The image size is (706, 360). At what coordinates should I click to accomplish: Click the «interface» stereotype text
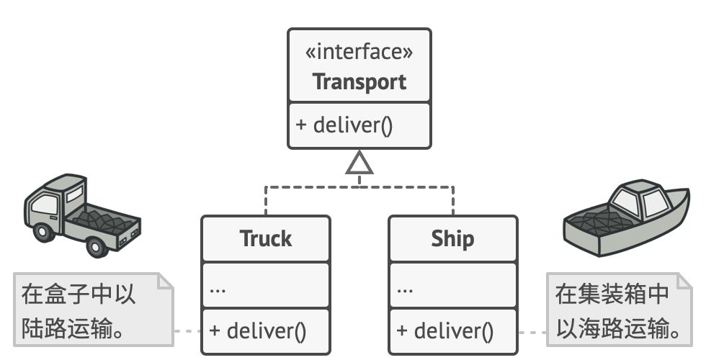(x=359, y=53)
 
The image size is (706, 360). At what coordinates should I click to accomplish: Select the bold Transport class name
(x=359, y=81)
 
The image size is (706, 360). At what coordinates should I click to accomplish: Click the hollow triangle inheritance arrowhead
(x=359, y=165)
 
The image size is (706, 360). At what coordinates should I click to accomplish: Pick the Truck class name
(x=265, y=238)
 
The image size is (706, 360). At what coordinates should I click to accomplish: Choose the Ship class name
(x=452, y=238)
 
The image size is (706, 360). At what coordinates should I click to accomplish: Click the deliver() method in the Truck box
(x=258, y=331)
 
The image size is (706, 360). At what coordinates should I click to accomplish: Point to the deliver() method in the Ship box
(x=445, y=331)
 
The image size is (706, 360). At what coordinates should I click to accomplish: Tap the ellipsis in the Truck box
(x=218, y=289)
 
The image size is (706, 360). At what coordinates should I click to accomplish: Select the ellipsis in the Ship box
(x=405, y=289)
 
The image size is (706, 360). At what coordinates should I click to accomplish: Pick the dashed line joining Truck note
(x=189, y=331)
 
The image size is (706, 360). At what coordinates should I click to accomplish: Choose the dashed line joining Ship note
(x=532, y=332)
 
